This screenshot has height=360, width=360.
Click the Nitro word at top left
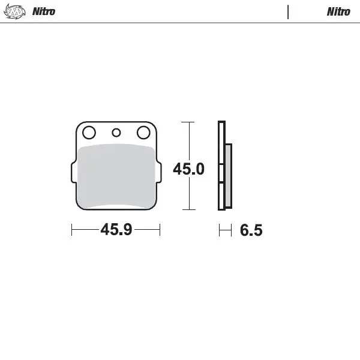pos(44,11)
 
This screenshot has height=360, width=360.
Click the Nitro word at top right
pos(338,11)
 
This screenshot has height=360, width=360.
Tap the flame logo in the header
pos(14,11)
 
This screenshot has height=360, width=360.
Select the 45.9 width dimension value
pos(116,229)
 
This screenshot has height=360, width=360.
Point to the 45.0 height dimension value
pos(188,169)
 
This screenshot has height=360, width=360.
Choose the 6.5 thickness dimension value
pos(251,230)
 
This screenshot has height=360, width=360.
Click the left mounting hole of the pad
pos(89,133)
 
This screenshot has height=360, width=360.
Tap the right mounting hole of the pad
pos(143,133)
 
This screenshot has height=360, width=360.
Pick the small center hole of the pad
pos(116,133)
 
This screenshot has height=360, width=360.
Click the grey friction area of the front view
pos(116,176)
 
